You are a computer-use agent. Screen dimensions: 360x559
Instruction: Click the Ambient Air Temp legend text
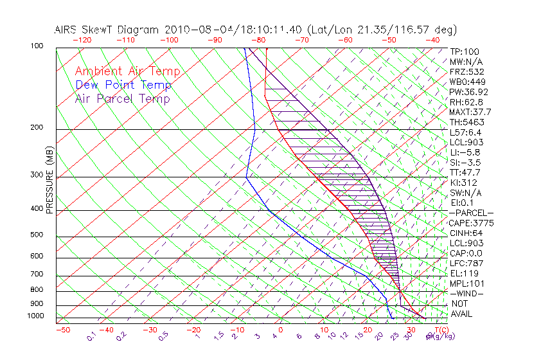(x=127, y=71)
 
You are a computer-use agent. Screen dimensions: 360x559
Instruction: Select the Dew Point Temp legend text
(x=123, y=85)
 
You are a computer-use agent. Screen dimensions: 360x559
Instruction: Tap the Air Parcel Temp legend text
(x=123, y=98)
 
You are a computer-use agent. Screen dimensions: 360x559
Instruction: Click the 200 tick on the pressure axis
(x=37, y=128)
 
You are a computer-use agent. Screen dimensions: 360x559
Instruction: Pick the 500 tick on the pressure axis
(x=37, y=235)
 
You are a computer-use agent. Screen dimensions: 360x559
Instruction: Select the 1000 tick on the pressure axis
(x=35, y=316)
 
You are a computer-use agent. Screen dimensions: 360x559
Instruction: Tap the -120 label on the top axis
(x=81, y=40)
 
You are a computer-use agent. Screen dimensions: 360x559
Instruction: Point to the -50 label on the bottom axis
(x=62, y=330)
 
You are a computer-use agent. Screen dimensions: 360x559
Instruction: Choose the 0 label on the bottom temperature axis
(x=281, y=330)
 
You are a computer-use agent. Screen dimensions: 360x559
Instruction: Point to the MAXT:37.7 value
(x=471, y=112)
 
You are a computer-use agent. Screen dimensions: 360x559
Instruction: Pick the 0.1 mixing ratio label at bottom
(x=91, y=335)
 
